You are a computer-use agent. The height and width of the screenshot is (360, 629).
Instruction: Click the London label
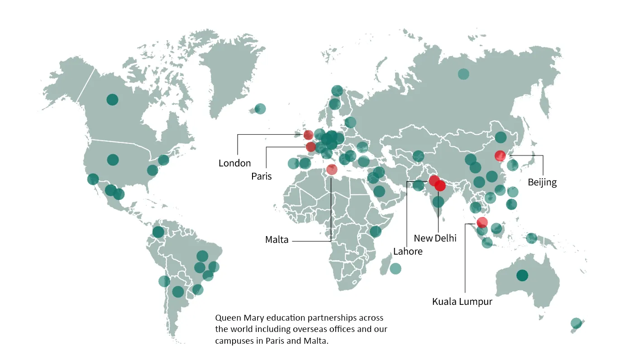(x=234, y=163)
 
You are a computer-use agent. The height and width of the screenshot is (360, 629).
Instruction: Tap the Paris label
(x=262, y=176)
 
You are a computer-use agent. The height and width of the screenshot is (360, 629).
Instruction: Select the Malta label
(x=277, y=240)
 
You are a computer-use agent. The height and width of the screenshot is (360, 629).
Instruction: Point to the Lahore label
(x=408, y=251)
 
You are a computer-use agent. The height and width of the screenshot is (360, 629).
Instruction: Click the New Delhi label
(x=435, y=238)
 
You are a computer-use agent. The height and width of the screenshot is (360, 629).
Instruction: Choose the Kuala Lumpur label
(x=462, y=302)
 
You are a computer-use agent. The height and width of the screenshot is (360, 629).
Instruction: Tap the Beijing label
(x=542, y=183)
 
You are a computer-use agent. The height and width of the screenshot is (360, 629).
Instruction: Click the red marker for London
(x=308, y=134)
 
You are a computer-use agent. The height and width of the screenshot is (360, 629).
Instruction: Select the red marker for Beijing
(x=500, y=156)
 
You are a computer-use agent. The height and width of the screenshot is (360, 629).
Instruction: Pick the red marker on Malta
(x=332, y=170)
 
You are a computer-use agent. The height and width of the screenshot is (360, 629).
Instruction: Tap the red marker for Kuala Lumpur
(x=482, y=222)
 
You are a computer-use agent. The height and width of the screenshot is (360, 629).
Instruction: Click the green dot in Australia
(x=522, y=275)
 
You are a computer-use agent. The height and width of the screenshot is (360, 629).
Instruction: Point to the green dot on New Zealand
(x=576, y=323)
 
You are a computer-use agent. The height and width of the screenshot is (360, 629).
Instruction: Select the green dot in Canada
(x=112, y=99)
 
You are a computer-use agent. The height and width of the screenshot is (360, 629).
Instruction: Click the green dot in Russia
(x=463, y=74)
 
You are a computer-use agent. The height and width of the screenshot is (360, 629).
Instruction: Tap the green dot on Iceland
(x=260, y=109)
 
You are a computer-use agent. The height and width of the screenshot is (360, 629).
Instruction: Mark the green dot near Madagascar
(x=396, y=268)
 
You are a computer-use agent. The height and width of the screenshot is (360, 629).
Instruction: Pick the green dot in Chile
(x=164, y=281)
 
